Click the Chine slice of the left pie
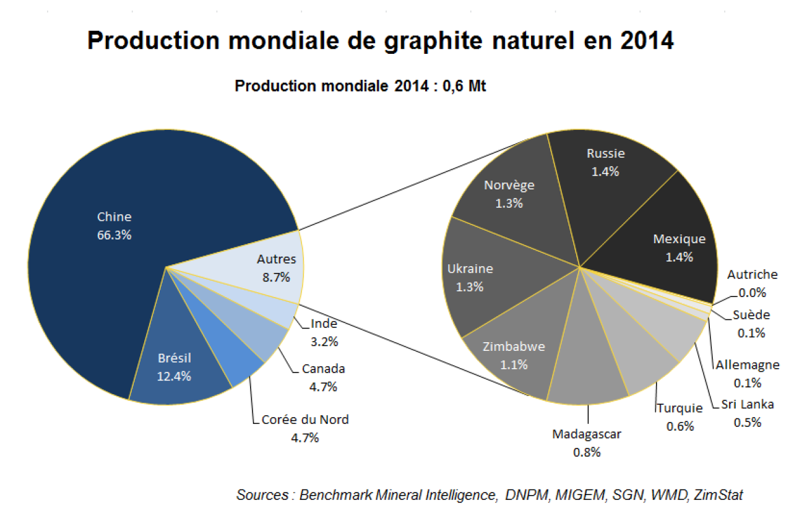pos(114,226)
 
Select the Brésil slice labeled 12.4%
pos(174,367)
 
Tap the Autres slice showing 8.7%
pos(276,268)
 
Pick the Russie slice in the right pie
pos(605,162)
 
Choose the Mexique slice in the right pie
pos(679,248)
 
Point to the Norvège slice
pos(509,194)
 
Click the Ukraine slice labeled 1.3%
pos(470,277)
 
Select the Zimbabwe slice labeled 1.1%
pos(513,355)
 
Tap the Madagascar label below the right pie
pos(586,434)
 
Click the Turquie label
pos(680,408)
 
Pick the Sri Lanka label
pos(747,405)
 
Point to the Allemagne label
pos(748,365)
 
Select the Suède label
pos(751,315)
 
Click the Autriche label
pos(752,275)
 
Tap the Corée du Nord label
pos(305,420)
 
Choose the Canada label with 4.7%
pos(323,369)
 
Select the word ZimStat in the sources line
pos(719,495)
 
